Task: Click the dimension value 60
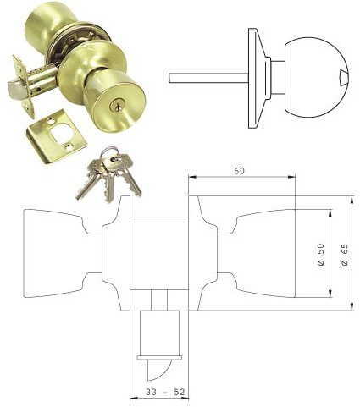click(x=240, y=171)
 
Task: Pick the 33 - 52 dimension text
click(x=159, y=392)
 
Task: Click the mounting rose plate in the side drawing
click(x=253, y=78)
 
